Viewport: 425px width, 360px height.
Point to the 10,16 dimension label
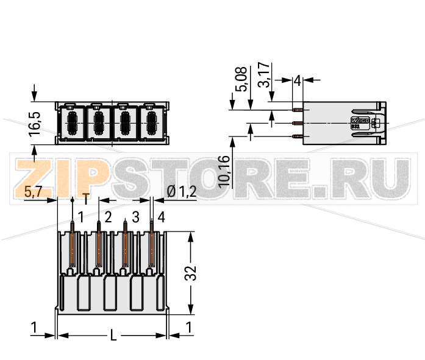tap(224, 171)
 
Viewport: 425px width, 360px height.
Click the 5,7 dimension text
tap(33, 192)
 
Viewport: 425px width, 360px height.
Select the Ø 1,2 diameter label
tap(181, 192)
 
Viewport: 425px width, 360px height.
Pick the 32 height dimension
tap(191, 272)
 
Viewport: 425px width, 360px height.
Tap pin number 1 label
tap(80, 217)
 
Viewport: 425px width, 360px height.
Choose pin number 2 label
tap(108, 217)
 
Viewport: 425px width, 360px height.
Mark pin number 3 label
tap(135, 217)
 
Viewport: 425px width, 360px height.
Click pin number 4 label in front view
tap(161, 217)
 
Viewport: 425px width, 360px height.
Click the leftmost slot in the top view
tap(71, 122)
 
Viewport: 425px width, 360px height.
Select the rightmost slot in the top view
tap(150, 122)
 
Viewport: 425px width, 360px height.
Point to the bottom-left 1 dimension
tap(35, 328)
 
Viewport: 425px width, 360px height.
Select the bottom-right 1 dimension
tap(189, 328)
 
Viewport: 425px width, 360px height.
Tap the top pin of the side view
tap(297, 110)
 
